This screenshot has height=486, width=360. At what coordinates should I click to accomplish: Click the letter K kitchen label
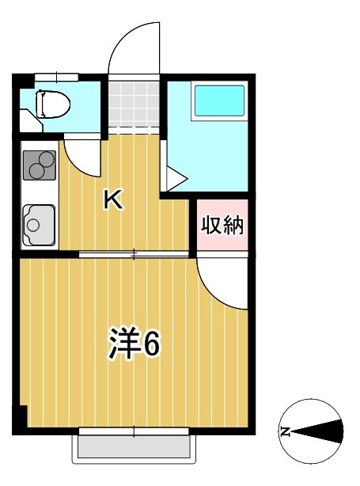[114, 201]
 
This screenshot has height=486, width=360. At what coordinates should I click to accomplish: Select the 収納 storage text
[221, 226]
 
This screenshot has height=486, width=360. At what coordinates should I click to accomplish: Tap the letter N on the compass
[285, 432]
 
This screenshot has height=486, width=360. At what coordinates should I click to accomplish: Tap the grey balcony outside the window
[134, 450]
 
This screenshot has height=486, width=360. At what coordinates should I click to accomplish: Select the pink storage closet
[221, 226]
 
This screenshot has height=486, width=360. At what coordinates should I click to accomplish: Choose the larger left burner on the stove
[34, 168]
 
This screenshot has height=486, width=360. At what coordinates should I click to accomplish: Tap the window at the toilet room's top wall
[56, 76]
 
